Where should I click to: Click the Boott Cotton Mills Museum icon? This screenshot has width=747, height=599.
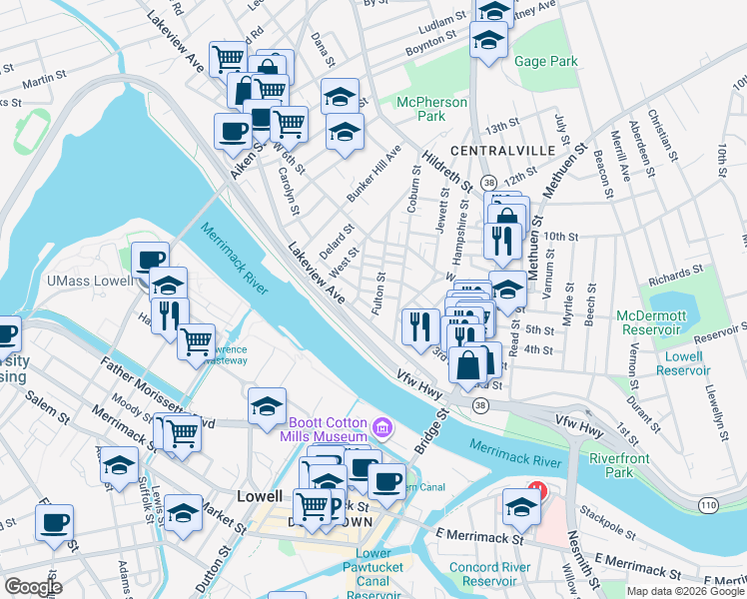[378, 429]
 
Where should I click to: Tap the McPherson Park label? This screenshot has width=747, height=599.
[431, 109]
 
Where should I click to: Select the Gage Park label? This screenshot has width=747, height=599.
[546, 62]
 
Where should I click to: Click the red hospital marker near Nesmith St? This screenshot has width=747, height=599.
[538, 491]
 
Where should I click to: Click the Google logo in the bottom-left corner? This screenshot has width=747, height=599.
[33, 587]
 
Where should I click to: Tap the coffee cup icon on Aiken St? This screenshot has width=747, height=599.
[233, 131]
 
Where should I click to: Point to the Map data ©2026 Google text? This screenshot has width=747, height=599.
[685, 591]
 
